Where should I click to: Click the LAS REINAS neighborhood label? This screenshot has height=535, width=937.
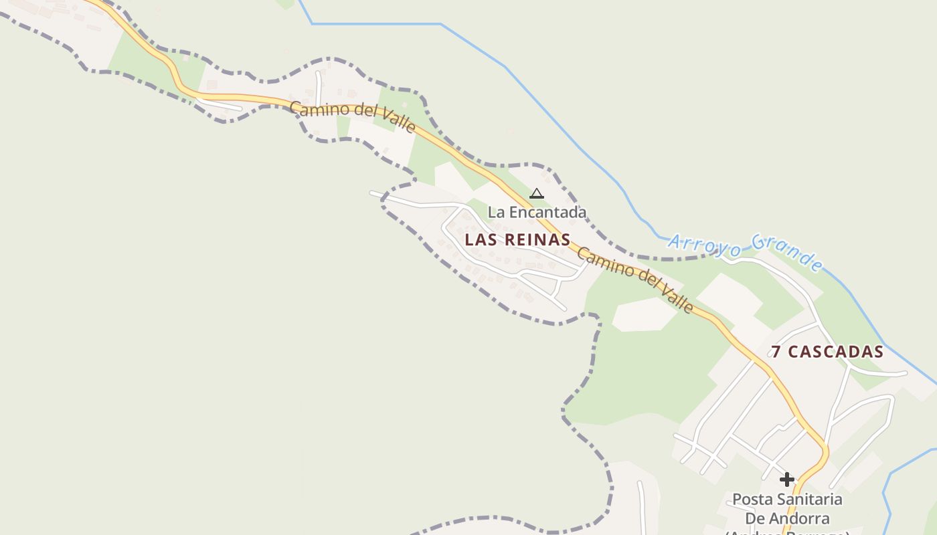point(517,239)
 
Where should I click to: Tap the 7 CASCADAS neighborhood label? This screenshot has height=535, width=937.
point(827,352)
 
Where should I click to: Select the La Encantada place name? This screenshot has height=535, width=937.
point(537,212)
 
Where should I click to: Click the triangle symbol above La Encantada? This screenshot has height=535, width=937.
point(536,194)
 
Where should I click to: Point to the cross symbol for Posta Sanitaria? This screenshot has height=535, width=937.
point(787,479)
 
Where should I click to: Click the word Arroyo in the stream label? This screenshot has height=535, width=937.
point(705,244)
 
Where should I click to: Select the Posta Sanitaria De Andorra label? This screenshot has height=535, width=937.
point(787,509)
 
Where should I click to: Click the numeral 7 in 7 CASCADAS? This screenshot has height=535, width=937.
point(776,352)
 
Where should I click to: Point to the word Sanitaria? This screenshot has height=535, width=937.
point(808,500)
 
